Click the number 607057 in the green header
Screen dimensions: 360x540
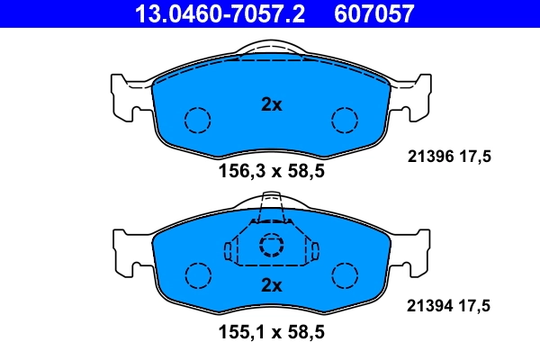coord(374,13)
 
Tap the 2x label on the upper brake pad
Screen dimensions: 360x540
coord(271,104)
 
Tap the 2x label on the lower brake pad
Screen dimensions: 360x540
coord(271,285)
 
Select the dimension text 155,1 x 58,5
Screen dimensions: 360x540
coord(270,332)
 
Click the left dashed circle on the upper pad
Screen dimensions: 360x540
coord(196,120)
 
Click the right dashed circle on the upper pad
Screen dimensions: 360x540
coord(345,120)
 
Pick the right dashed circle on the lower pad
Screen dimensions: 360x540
coord(345,274)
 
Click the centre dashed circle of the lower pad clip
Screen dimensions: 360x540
coord(271,246)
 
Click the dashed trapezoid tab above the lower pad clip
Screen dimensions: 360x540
coord(271,212)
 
